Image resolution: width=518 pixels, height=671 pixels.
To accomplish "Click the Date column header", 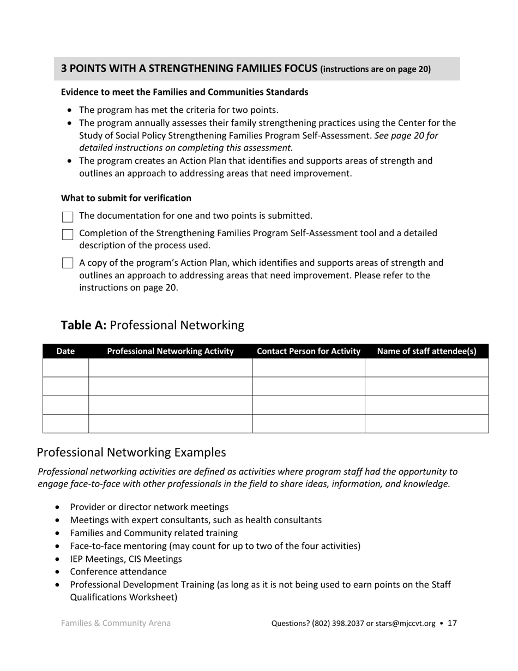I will (65, 351).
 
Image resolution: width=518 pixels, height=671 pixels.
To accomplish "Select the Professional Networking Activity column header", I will (170, 351).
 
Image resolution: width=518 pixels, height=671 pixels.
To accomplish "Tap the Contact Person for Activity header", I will (309, 351).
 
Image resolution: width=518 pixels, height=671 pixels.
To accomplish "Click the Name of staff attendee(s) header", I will (426, 351).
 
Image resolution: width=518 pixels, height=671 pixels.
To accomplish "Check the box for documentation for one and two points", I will (68, 217).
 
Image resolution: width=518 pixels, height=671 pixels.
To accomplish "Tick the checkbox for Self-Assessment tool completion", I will (68, 235).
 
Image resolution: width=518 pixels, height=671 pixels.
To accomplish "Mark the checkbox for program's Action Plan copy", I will (68, 263).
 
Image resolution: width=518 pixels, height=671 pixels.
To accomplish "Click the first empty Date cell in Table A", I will (65, 368).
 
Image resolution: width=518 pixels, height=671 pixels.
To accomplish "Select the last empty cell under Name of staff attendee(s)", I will (426, 423).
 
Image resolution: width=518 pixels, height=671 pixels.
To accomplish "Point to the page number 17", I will (452, 623).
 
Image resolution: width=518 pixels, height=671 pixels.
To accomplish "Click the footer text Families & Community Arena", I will (116, 623).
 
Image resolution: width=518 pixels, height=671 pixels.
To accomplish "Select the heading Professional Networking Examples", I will (131, 452).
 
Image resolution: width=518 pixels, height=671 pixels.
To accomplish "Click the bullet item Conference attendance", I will (118, 572).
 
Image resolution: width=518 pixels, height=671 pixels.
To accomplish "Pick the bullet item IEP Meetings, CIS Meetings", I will (126, 559).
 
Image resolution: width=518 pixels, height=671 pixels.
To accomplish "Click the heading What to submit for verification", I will (126, 198).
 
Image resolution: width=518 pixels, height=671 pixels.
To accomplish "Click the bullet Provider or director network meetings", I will (149, 507).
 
